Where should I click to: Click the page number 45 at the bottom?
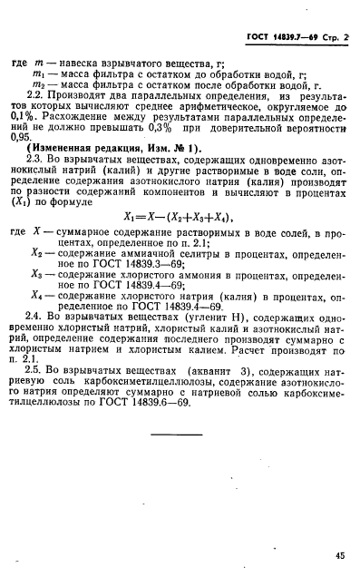339,554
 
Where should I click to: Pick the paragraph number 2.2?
40,106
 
